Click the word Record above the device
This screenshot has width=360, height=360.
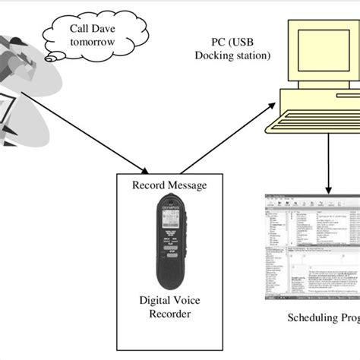click(x=149, y=185)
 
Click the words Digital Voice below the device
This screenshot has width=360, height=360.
click(x=169, y=299)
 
